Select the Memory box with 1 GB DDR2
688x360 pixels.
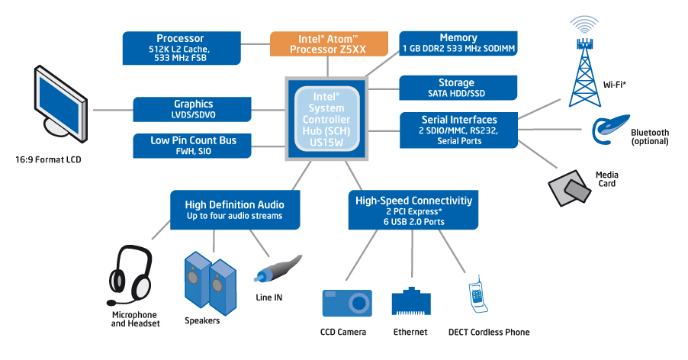tap(458, 43)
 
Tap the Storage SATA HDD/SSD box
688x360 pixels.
tap(456, 88)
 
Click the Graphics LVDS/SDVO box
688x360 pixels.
tap(193, 109)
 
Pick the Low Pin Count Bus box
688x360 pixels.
tap(193, 146)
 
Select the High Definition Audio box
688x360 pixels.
tap(234, 210)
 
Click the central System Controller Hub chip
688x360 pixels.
tap(326, 117)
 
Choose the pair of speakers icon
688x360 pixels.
tap(209, 281)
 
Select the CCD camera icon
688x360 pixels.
tap(346, 303)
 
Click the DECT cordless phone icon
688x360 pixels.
tap(479, 297)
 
